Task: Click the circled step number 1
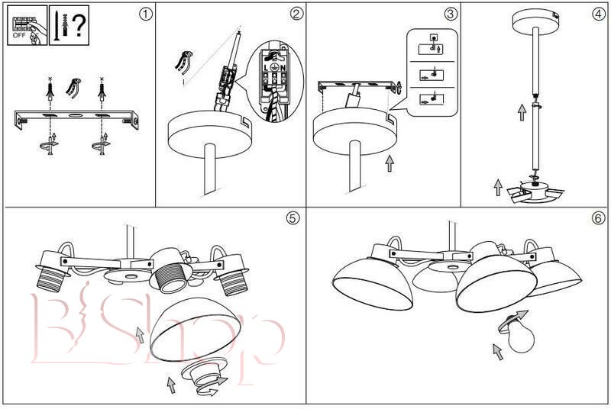pyautogui.click(x=145, y=14)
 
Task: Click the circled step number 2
pyautogui.click(x=296, y=14)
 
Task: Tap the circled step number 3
pyautogui.click(x=450, y=14)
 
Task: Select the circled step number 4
pyautogui.click(x=599, y=14)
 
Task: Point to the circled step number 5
pyautogui.click(x=293, y=218)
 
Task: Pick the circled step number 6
pyautogui.click(x=599, y=218)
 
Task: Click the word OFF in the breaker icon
pyautogui.click(x=19, y=35)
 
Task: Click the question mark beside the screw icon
pyautogui.click(x=79, y=25)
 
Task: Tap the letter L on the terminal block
pyautogui.click(x=266, y=68)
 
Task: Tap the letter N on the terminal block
pyautogui.click(x=283, y=68)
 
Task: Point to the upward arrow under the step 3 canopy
pyautogui.click(x=390, y=163)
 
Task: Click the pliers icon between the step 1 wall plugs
pyautogui.click(x=73, y=88)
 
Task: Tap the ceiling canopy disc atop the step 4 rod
pyautogui.click(x=536, y=22)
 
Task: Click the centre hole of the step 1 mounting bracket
pyautogui.click(x=76, y=115)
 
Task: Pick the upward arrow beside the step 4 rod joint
pyautogui.click(x=522, y=112)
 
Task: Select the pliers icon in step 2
pyautogui.click(x=183, y=63)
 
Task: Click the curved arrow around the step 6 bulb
pyautogui.click(x=512, y=320)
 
